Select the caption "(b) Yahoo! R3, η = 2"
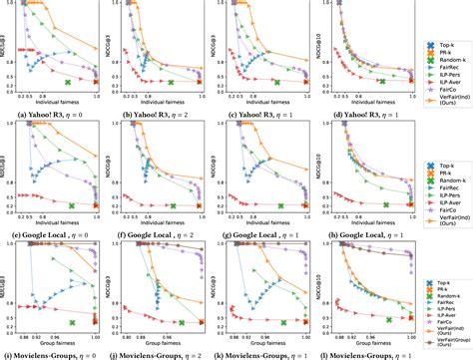pos(152,115)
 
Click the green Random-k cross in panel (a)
pos(67,83)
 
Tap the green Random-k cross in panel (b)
pos(170,83)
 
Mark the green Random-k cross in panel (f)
pos(170,205)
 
